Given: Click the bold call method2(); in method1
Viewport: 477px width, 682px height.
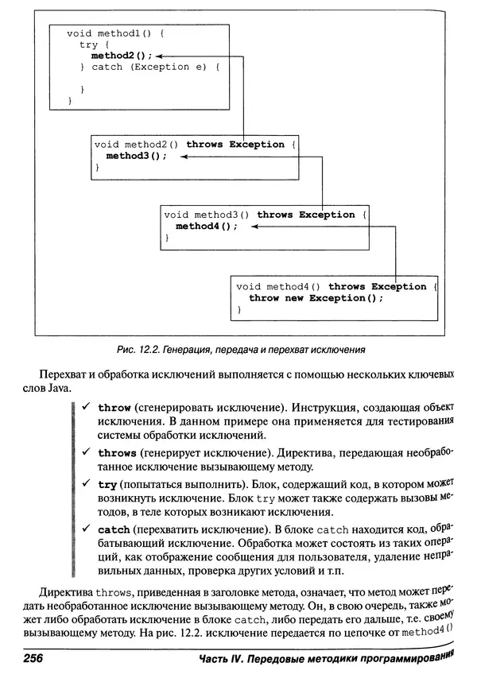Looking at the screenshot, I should [x=122, y=56].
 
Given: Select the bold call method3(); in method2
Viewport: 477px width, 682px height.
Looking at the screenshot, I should [x=137, y=156].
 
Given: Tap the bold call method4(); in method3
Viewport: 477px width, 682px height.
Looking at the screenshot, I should [x=207, y=226].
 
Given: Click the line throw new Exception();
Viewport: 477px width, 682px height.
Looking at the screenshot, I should [x=316, y=298].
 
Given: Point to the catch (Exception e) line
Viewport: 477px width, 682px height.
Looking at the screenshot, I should [x=149, y=67].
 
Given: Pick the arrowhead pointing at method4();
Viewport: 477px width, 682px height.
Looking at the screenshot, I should [x=254, y=227].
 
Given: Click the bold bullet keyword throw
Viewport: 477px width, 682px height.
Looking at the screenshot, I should [x=114, y=407].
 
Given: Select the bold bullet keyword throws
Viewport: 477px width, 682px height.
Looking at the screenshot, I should [x=117, y=452].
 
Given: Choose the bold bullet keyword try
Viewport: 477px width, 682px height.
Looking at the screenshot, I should [x=107, y=483].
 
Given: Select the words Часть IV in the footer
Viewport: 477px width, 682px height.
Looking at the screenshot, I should [x=224, y=660].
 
